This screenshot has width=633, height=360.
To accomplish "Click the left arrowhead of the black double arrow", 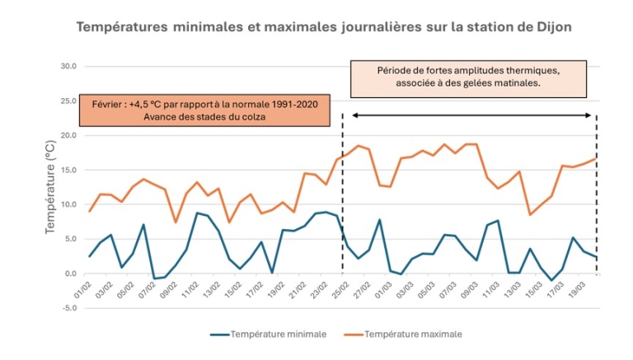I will [354, 115].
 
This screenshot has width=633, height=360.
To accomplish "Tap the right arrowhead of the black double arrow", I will [593, 115].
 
